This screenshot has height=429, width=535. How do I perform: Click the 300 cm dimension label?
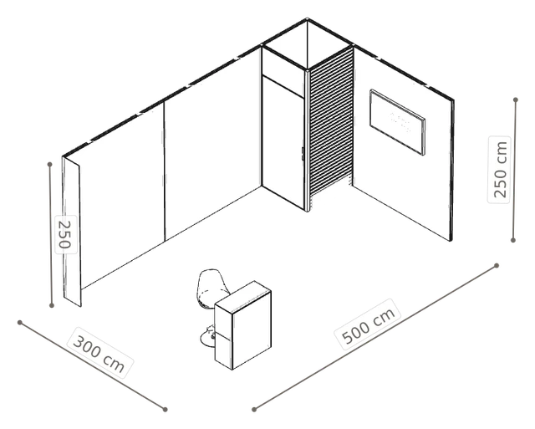coord(99,353)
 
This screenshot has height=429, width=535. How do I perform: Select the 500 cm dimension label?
coord(369,324)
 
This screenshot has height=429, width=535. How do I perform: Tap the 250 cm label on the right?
coord(499,170)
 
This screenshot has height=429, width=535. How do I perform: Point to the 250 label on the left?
coord(65,234)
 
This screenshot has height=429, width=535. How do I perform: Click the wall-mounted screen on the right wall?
coord(398,122)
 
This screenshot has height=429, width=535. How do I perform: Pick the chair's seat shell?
coord(211,288)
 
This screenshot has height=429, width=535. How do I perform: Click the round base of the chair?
coord(207,339)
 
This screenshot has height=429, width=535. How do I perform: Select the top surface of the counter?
coord(243,296)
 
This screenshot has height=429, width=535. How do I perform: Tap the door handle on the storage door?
coord(303,154)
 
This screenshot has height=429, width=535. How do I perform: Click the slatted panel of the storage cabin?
coord(331,123)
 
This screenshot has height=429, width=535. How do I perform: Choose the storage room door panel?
coord(283,142)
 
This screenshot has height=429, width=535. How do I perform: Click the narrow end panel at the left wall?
coord(72,232)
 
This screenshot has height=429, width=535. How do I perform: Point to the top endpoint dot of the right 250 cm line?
coord(516,100)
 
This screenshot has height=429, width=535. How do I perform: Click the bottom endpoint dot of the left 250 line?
coord(52,305)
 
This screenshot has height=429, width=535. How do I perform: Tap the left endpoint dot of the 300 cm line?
coord(20,323)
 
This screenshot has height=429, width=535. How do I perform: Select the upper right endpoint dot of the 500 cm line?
coord(497,266)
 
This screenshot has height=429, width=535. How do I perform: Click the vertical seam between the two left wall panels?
coord(164,171)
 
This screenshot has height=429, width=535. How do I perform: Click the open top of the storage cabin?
coord(307,43)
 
